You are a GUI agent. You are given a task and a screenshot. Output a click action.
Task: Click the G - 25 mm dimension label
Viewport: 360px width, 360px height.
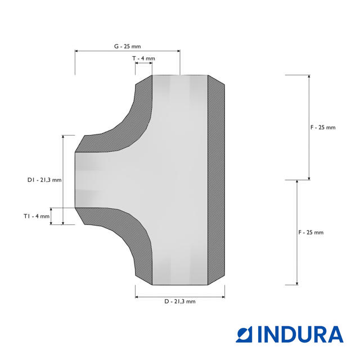[128, 46]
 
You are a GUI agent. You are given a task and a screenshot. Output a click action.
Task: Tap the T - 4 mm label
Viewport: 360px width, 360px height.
[144, 58]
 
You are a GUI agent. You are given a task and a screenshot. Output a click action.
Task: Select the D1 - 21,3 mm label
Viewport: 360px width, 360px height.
[44, 180]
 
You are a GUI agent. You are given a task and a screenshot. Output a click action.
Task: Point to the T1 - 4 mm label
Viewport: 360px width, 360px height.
[37, 216]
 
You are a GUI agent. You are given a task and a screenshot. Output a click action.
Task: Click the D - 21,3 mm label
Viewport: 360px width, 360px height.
[180, 301]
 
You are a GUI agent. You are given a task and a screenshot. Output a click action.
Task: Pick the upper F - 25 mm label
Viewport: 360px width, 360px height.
[323, 128]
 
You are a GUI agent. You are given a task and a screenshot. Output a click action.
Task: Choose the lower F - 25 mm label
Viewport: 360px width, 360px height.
[311, 232]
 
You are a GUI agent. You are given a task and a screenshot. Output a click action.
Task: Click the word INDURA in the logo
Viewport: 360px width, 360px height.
[300, 334]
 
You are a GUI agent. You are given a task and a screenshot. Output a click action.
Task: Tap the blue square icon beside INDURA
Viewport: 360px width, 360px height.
[244, 334]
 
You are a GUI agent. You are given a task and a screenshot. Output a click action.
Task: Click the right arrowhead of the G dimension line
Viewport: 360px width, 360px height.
[178, 51]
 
